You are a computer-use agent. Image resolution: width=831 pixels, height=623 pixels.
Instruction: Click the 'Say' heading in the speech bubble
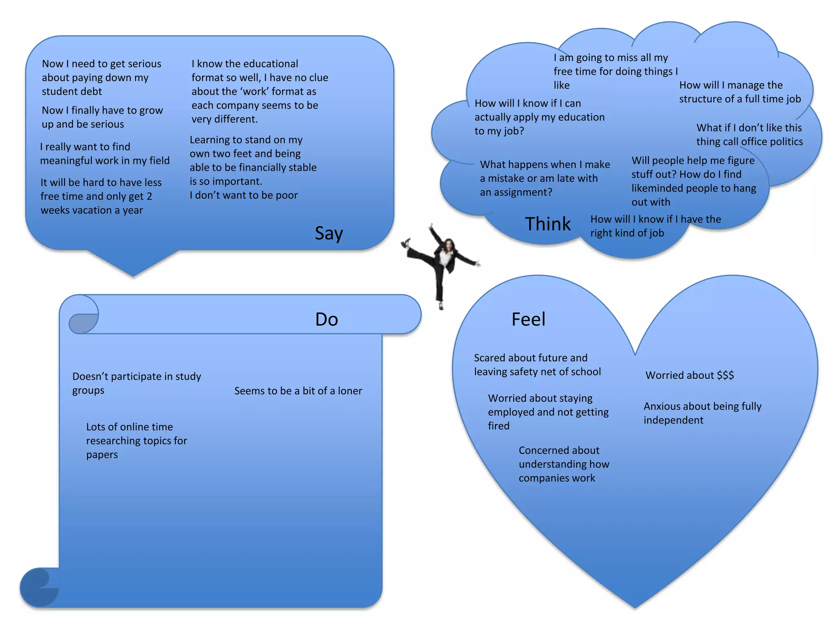(x=329, y=234)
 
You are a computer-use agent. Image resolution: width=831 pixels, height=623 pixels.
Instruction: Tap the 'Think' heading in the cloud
(x=547, y=224)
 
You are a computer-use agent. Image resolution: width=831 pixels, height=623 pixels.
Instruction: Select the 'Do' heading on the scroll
(x=326, y=320)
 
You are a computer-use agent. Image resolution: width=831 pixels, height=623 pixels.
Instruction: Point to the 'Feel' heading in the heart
(x=528, y=320)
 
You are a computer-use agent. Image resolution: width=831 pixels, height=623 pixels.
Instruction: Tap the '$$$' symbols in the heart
(x=725, y=375)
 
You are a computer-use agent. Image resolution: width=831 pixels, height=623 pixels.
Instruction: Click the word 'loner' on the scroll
(x=350, y=391)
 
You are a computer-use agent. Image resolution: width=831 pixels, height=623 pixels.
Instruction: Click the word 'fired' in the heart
(x=499, y=426)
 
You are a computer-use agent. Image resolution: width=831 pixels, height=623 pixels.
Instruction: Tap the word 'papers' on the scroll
(x=102, y=455)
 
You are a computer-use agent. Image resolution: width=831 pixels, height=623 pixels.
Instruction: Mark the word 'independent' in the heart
(x=673, y=420)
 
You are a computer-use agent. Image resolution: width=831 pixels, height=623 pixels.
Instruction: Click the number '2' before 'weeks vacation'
(x=149, y=197)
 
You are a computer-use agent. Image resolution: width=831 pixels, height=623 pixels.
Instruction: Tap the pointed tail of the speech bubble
(x=133, y=270)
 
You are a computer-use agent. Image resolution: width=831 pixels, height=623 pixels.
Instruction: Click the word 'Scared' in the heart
(x=489, y=358)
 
